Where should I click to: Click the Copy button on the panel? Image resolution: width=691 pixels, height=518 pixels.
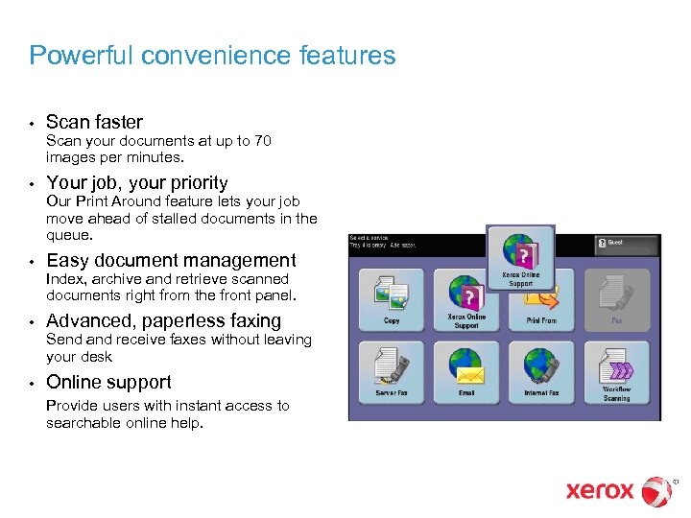point(392,299)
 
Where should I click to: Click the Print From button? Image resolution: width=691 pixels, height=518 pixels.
point(541,299)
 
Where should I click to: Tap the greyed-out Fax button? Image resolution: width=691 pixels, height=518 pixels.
point(617,299)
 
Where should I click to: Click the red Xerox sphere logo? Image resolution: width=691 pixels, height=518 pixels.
point(656,491)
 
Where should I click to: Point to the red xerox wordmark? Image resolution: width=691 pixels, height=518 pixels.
point(600,491)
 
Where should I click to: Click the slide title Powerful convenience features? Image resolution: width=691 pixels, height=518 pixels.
point(212,56)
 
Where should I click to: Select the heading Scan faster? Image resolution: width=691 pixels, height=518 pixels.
point(94,122)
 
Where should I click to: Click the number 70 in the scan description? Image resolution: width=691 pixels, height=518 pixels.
point(263,141)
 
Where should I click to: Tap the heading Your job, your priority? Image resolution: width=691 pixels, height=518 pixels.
point(137,182)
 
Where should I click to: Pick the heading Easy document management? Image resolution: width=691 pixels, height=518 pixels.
point(171,260)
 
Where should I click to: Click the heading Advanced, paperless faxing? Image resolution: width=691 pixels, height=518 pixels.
point(163,320)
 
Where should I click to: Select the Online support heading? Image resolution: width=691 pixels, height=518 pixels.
point(108,382)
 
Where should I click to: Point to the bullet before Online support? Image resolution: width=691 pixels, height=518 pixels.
point(32,383)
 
